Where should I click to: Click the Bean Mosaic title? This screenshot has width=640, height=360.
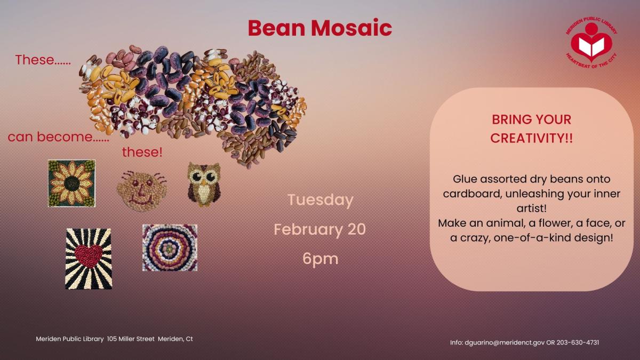tap(320, 28)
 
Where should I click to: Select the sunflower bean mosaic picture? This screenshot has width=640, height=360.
tap(71, 183)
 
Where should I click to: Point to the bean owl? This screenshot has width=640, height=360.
tap(204, 184)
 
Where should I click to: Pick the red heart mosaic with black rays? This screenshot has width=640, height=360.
tap(89, 258)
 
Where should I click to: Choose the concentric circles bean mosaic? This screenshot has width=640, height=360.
tap(170, 247)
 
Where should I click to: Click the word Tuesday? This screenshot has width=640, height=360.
tap(320, 200)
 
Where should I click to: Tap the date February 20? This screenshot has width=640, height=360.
tap(320, 229)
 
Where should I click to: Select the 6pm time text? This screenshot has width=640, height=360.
tap(320, 259)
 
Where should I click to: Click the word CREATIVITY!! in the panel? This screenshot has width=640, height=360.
tap(531, 138)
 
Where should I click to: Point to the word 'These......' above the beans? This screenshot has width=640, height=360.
tap(43, 60)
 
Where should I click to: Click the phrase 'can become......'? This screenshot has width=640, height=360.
tap(58, 137)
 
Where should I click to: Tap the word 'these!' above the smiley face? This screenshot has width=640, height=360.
tap(142, 153)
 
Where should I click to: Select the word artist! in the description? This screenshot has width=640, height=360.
tap(531, 208)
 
